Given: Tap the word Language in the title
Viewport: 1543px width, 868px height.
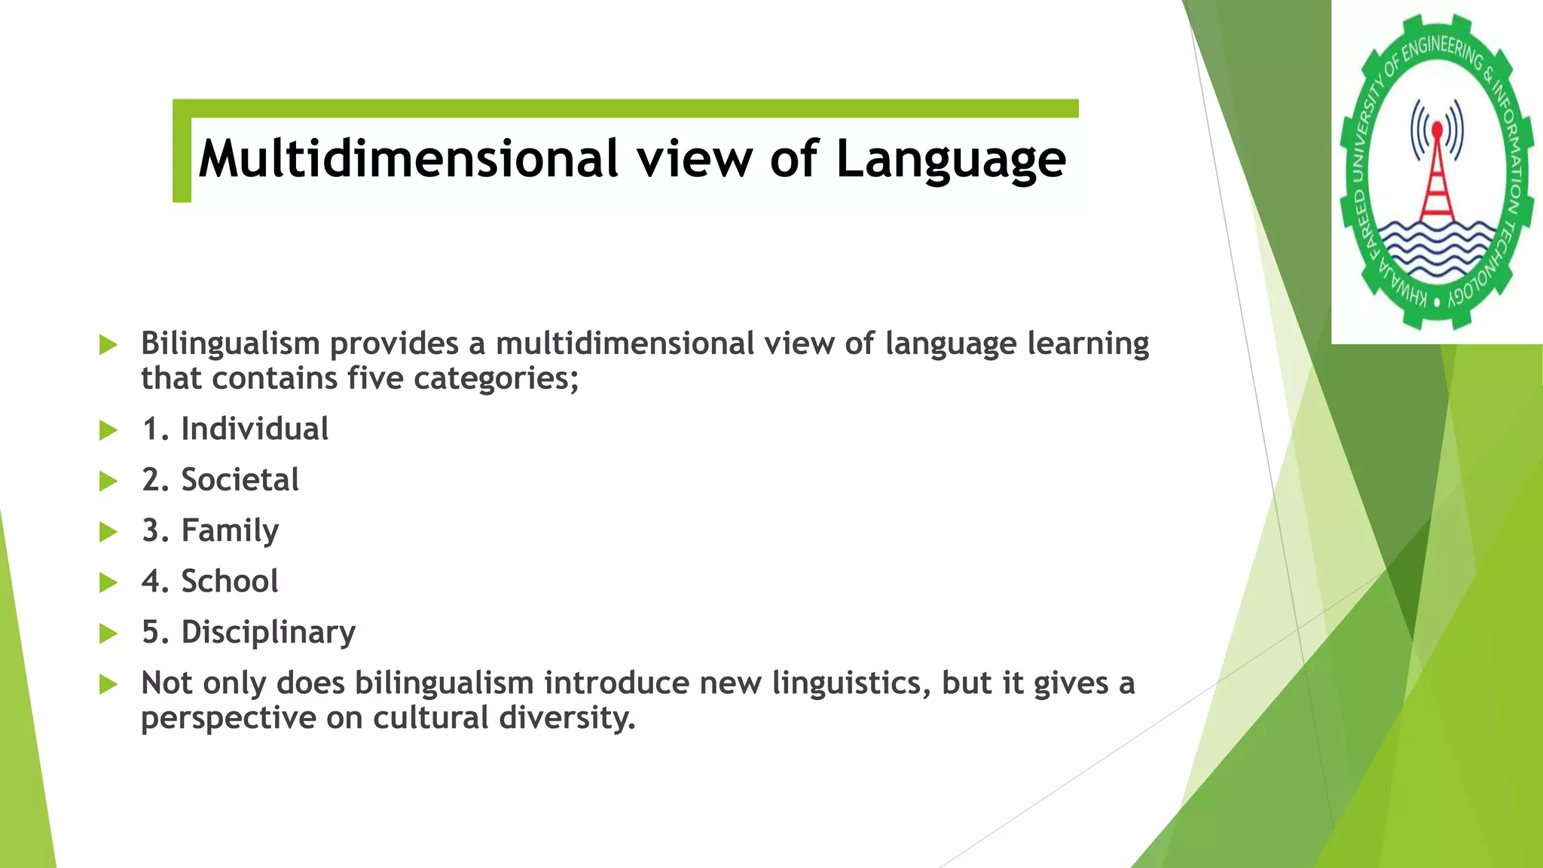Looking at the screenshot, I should (x=951, y=160).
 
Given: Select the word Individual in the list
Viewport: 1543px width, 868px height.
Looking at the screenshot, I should (x=255, y=429).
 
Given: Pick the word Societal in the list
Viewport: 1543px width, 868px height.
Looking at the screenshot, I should (x=240, y=480).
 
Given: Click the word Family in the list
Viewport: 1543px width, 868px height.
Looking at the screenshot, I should (x=230, y=531).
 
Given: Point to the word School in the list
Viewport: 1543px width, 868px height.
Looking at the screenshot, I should (x=230, y=581).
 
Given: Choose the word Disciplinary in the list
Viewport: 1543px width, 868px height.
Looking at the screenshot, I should (x=268, y=632).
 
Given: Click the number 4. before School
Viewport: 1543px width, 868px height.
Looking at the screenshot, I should (x=155, y=581).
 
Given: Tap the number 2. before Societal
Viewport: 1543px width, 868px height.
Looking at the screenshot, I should (x=155, y=480).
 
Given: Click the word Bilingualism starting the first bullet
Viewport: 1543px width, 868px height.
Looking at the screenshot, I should (x=231, y=344).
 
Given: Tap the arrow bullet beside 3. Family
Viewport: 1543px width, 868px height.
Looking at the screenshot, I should (x=108, y=532).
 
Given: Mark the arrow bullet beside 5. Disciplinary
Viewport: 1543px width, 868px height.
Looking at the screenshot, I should (x=108, y=633).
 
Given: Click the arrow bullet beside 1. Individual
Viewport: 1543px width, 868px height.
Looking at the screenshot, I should (x=108, y=430).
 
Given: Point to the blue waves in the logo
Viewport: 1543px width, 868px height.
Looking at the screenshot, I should (x=1437, y=249).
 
